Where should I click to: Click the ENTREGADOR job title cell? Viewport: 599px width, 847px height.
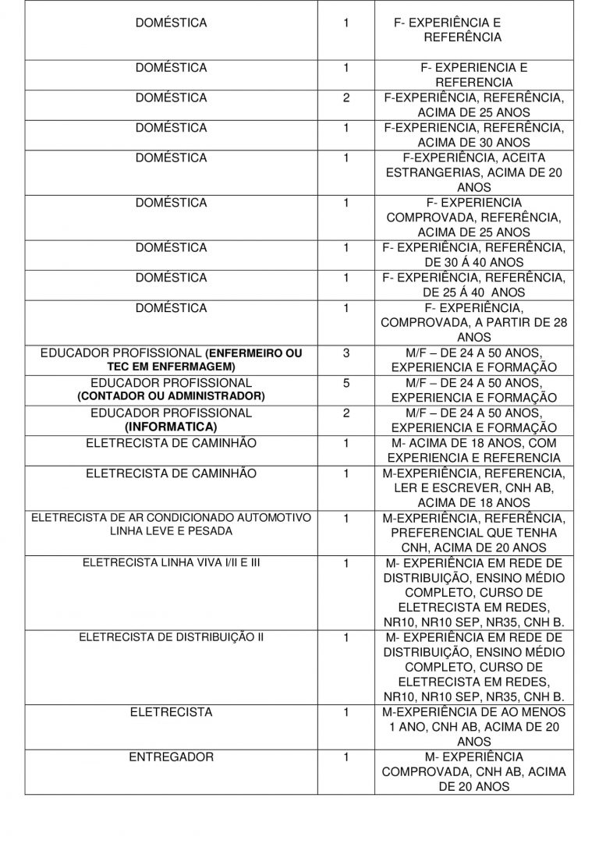[x=171, y=757]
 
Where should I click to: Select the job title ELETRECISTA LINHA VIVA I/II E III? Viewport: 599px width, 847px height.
[x=171, y=562]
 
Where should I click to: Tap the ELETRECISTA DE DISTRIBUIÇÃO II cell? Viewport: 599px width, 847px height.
[x=171, y=637]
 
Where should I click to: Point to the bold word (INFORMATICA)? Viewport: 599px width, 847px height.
[x=171, y=427]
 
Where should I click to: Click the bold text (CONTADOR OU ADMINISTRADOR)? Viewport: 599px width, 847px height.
[x=171, y=397]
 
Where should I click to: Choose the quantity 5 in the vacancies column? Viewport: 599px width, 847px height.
[x=346, y=383]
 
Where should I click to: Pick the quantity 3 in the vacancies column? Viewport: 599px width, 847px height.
[x=346, y=353]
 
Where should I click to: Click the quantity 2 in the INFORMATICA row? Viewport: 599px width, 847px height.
[x=346, y=413]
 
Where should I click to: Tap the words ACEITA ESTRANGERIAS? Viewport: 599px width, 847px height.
[x=475, y=165]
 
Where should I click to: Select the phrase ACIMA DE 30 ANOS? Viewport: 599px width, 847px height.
[x=473, y=143]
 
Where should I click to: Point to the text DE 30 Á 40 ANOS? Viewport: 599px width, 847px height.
[x=473, y=263]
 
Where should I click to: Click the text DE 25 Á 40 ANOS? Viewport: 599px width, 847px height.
[x=473, y=292]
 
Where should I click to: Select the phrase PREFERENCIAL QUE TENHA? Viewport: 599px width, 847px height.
[x=473, y=533]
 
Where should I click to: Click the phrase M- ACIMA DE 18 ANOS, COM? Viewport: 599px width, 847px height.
[x=475, y=443]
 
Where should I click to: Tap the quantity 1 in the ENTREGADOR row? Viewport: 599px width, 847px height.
[x=346, y=757]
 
